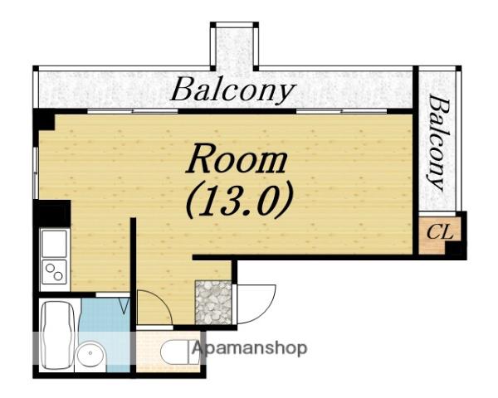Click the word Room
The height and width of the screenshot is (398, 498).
pos(237,158)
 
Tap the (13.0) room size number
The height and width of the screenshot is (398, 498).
pos(239,201)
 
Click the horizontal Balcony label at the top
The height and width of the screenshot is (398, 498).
pos(233,90)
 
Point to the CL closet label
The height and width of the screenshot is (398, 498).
pos(439,233)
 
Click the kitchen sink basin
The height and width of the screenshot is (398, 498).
pos(54,244)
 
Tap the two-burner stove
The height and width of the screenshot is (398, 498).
pos(54,272)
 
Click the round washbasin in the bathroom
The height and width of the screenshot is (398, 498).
pos(90,353)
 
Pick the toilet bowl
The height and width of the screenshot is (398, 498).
pos(176,352)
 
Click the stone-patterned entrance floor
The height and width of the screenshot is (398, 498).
pos(213,302)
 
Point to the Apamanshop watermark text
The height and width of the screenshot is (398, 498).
pos(250,349)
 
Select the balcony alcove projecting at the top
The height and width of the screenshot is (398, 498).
pos(234,47)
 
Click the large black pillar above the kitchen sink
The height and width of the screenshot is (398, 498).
pos(51,213)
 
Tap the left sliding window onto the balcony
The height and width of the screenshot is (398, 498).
pos(133,111)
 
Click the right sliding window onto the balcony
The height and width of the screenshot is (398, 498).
pos(342,111)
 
